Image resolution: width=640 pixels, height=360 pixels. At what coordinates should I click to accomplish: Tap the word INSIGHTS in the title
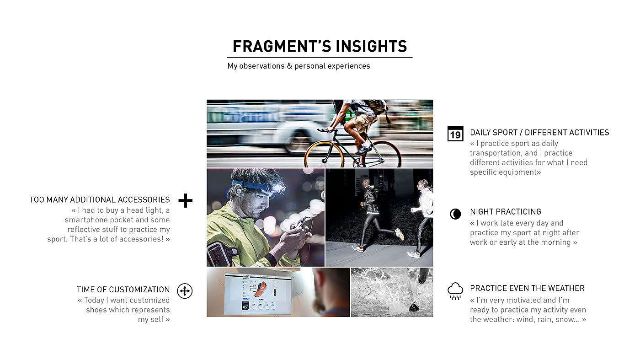[x=371, y=46]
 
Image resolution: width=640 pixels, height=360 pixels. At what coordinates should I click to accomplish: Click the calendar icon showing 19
[x=455, y=134]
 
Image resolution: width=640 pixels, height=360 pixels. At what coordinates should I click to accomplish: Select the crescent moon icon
[x=455, y=214]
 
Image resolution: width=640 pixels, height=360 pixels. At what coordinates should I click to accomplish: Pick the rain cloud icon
[x=455, y=291]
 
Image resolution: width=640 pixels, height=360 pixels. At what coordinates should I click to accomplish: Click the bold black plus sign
[x=186, y=200]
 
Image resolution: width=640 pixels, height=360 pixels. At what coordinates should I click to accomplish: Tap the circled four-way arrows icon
[x=185, y=291]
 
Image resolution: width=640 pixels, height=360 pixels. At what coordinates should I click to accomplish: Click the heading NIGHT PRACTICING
[x=506, y=212]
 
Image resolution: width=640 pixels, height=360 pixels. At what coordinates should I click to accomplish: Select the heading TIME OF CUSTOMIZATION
[x=123, y=290]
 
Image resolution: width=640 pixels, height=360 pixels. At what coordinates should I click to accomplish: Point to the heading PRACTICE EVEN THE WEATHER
[x=527, y=288]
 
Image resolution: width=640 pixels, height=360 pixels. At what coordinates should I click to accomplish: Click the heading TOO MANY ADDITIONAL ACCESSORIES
[x=100, y=200]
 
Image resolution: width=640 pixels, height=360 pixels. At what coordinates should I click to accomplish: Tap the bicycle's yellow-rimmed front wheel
[x=324, y=155]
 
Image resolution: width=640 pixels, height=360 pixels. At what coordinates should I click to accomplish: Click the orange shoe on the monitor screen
[x=260, y=289]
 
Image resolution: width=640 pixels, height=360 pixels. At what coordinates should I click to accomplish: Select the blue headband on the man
[x=251, y=187]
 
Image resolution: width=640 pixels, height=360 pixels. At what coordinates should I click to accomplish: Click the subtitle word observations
[x=261, y=66]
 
